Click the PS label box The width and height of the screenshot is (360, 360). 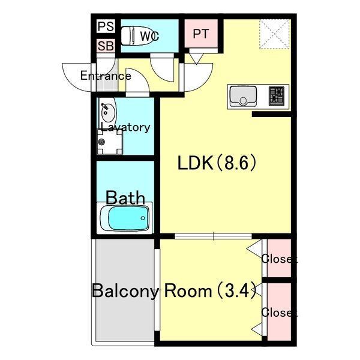point(106,26)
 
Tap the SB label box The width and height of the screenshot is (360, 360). point(106,46)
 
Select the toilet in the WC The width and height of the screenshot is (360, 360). point(130,36)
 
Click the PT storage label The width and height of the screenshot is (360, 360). point(201,34)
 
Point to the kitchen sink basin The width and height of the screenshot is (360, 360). point(243,96)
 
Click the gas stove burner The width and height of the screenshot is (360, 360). point(277,96)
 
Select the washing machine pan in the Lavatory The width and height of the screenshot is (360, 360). point(110,142)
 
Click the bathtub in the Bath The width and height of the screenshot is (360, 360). point(125,218)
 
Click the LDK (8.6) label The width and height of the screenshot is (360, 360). point(217,163)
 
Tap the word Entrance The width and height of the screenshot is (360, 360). point(106,76)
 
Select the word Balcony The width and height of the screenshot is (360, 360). point(125,291)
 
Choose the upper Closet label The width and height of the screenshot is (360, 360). point(280,259)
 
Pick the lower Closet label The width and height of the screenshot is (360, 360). point(280,312)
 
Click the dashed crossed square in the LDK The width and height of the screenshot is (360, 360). point(275,34)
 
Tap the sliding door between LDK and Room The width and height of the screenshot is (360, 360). point(213,236)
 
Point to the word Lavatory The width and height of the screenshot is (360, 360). point(125,127)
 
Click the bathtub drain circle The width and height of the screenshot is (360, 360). point(143,218)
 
